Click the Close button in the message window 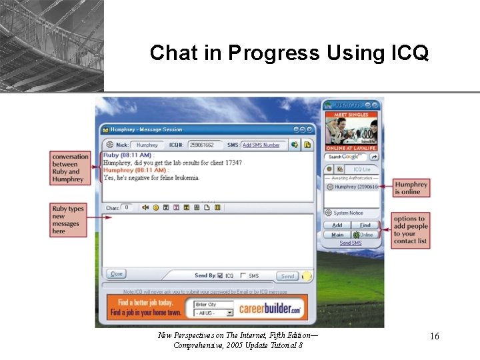click(x=117, y=274)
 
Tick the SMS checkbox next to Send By click(x=243, y=275)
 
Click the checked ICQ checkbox click(x=220, y=275)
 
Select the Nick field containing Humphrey click(x=147, y=145)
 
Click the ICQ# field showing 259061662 click(x=201, y=145)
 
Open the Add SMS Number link click(x=261, y=145)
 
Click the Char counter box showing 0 click(x=127, y=207)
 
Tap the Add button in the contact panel click(x=337, y=225)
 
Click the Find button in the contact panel click(x=365, y=225)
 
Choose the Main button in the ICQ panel click(x=337, y=235)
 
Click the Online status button click(x=365, y=235)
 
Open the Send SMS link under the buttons click(x=351, y=243)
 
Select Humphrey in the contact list click(x=354, y=187)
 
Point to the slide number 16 click(x=434, y=337)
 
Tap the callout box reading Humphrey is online click(x=411, y=188)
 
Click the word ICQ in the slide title click(x=405, y=53)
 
